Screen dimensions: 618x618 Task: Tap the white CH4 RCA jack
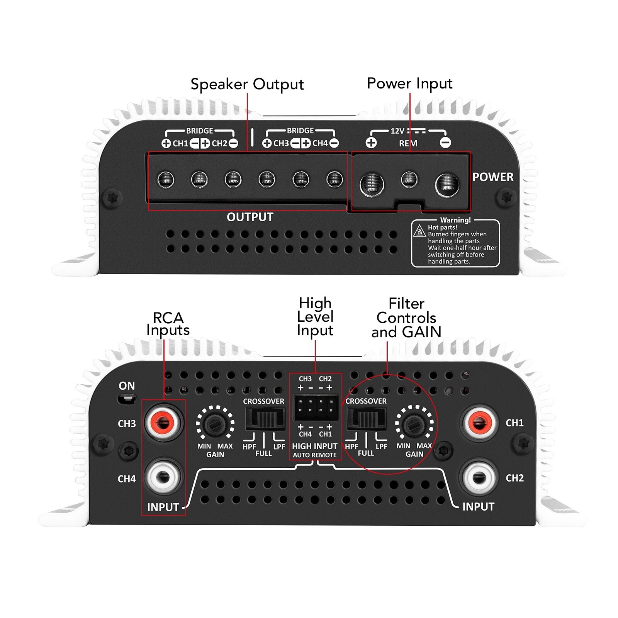pyautogui.click(x=163, y=477)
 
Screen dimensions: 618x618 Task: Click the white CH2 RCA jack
pyautogui.click(x=479, y=477)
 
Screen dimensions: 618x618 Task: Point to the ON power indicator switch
pyautogui.click(x=126, y=398)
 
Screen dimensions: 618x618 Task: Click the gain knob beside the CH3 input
pyautogui.click(x=215, y=424)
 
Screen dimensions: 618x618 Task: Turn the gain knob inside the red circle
pyautogui.click(x=414, y=424)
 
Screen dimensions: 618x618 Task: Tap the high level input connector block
pyautogui.click(x=316, y=407)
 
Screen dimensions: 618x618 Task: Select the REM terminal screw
pyautogui.click(x=409, y=180)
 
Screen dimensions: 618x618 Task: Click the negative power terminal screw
pyautogui.click(x=447, y=185)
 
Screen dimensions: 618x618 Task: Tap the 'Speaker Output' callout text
pyautogui.click(x=247, y=85)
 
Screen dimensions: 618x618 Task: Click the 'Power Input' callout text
pyautogui.click(x=409, y=84)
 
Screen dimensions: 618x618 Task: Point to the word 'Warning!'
pyautogui.click(x=455, y=220)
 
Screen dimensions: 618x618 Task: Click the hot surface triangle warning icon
pyautogui.click(x=419, y=231)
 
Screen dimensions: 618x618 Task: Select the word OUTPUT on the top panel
pyautogui.click(x=250, y=217)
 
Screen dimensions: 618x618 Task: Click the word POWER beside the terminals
pyautogui.click(x=493, y=177)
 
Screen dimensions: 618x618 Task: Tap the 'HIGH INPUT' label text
pyautogui.click(x=314, y=446)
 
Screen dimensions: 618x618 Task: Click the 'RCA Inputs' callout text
pyautogui.click(x=168, y=324)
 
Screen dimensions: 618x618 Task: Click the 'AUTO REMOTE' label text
pyautogui.click(x=314, y=455)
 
